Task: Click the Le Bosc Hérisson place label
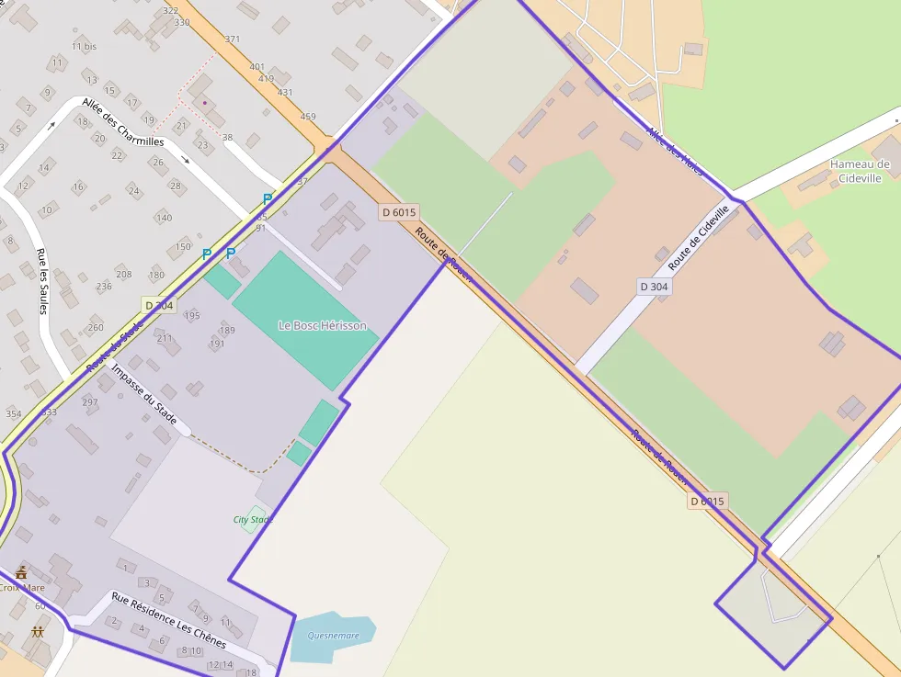coord(322,326)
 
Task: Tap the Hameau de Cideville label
coord(860,171)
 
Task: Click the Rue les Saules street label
coord(42,281)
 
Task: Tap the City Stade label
coord(253,520)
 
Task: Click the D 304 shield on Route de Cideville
coord(655,287)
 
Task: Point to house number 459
coord(307,117)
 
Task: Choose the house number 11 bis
coord(84,46)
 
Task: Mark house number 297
coord(90,402)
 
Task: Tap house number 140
coord(164,218)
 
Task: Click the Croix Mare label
coord(20,587)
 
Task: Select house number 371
coord(232,39)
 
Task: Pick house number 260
coord(96,328)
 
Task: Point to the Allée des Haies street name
coord(675,150)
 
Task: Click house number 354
coord(14,414)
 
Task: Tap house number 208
coord(124,275)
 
